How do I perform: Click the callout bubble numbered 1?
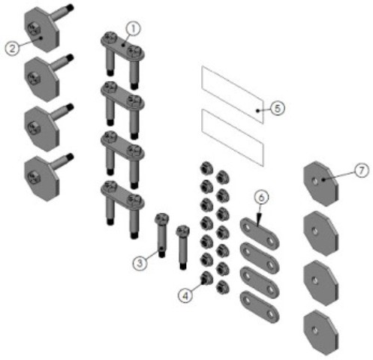point(133,29)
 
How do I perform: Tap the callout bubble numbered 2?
point(13,48)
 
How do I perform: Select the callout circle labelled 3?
point(140,263)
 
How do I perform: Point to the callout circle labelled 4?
point(185,295)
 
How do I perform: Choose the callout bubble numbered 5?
point(278,109)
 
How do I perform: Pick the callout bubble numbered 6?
point(261,197)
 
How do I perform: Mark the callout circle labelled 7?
point(362,170)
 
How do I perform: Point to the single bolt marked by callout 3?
point(161,235)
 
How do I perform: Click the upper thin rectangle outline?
point(233,94)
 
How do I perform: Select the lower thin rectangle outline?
point(233,138)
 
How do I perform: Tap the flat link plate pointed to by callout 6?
point(260,234)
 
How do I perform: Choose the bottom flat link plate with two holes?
point(260,307)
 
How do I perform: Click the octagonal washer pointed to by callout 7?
point(320,184)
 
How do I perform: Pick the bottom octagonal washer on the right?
point(320,333)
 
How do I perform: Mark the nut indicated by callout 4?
point(206,278)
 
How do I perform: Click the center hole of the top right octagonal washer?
point(316,181)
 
